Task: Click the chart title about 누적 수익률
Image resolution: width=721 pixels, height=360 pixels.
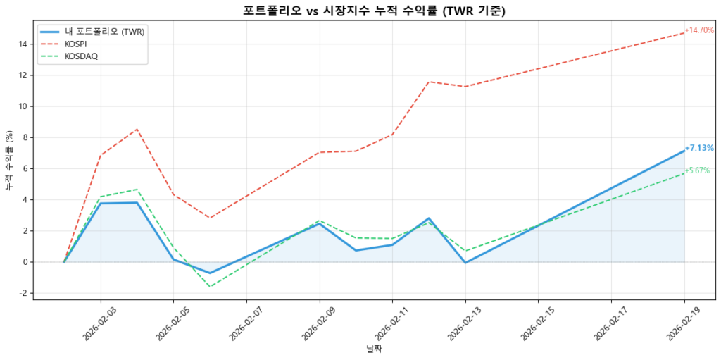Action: [374, 11]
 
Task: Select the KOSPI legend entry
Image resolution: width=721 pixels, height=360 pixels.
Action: [76, 44]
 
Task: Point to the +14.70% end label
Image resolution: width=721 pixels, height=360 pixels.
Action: [699, 30]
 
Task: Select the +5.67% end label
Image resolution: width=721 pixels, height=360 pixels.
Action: [697, 170]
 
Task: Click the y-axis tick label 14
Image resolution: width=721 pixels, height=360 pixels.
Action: [23, 44]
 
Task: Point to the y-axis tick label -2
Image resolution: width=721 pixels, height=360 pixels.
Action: [23, 293]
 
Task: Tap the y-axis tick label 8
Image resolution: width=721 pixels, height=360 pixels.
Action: [25, 137]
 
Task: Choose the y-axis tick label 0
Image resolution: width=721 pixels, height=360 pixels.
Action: [25, 262]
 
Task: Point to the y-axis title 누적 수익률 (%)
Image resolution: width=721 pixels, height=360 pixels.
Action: [9, 161]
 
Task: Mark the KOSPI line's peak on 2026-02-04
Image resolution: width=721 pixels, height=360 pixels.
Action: [137, 129]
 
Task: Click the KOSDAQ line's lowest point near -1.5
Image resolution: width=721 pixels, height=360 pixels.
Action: [210, 286]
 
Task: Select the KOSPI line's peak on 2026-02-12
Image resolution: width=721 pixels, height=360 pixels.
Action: [429, 82]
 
